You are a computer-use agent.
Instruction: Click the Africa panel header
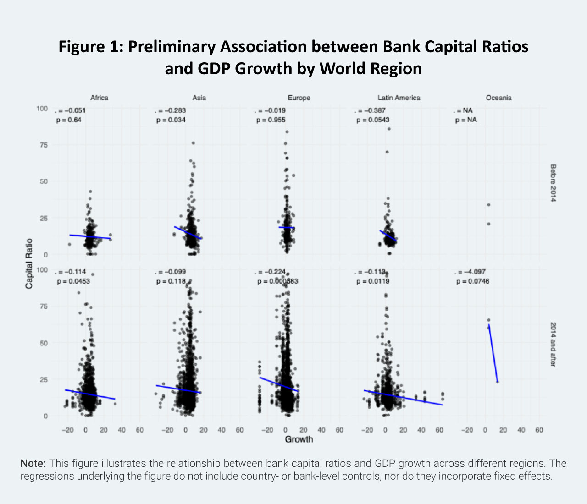point(99,98)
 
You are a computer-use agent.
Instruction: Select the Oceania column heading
point(498,98)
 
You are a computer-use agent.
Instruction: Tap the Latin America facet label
point(399,98)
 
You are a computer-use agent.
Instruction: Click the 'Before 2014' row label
point(553,183)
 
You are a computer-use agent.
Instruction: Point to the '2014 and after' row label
point(553,344)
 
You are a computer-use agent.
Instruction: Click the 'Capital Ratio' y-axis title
point(29,263)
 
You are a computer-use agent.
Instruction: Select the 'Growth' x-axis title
point(299,439)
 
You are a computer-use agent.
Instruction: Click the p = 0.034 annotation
point(171,120)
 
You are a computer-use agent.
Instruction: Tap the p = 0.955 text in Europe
point(271,120)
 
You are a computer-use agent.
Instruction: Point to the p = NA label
point(466,120)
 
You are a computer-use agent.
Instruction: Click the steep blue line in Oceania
point(493,353)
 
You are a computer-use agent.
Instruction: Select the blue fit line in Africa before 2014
point(90,236)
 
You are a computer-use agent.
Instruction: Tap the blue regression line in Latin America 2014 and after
point(404,397)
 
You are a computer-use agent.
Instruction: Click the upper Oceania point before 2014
point(489,205)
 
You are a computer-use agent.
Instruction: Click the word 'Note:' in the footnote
point(33,463)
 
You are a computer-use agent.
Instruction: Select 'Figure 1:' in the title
point(90,47)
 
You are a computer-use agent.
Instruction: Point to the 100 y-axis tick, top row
point(42,109)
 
